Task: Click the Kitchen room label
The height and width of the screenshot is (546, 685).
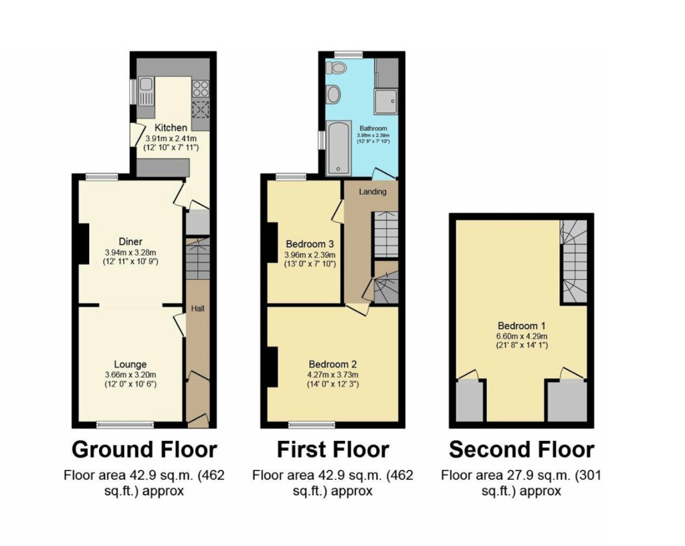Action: [x=171, y=128]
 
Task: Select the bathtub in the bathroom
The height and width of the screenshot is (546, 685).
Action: [x=338, y=148]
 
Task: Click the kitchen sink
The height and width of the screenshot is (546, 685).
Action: [x=146, y=91]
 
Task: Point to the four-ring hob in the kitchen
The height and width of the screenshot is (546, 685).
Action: [x=201, y=89]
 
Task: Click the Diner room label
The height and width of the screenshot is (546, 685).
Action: [x=130, y=242]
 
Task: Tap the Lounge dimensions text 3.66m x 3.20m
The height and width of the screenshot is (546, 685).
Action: [x=130, y=375]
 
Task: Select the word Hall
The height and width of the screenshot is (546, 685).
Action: [x=198, y=308]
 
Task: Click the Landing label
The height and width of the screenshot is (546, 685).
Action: [x=373, y=191]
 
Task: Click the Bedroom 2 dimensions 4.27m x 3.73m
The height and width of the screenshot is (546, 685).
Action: [x=333, y=375]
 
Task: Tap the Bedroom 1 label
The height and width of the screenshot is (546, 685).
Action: [x=522, y=325]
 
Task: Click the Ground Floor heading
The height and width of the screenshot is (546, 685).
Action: [x=144, y=450]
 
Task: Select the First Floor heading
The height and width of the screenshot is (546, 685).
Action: [x=333, y=450]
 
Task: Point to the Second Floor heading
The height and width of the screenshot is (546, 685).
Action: [x=522, y=450]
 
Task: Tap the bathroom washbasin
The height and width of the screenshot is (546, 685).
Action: [x=334, y=94]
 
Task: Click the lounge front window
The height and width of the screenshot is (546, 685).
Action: [x=125, y=424]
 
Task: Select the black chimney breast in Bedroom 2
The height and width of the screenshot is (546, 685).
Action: [x=272, y=367]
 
